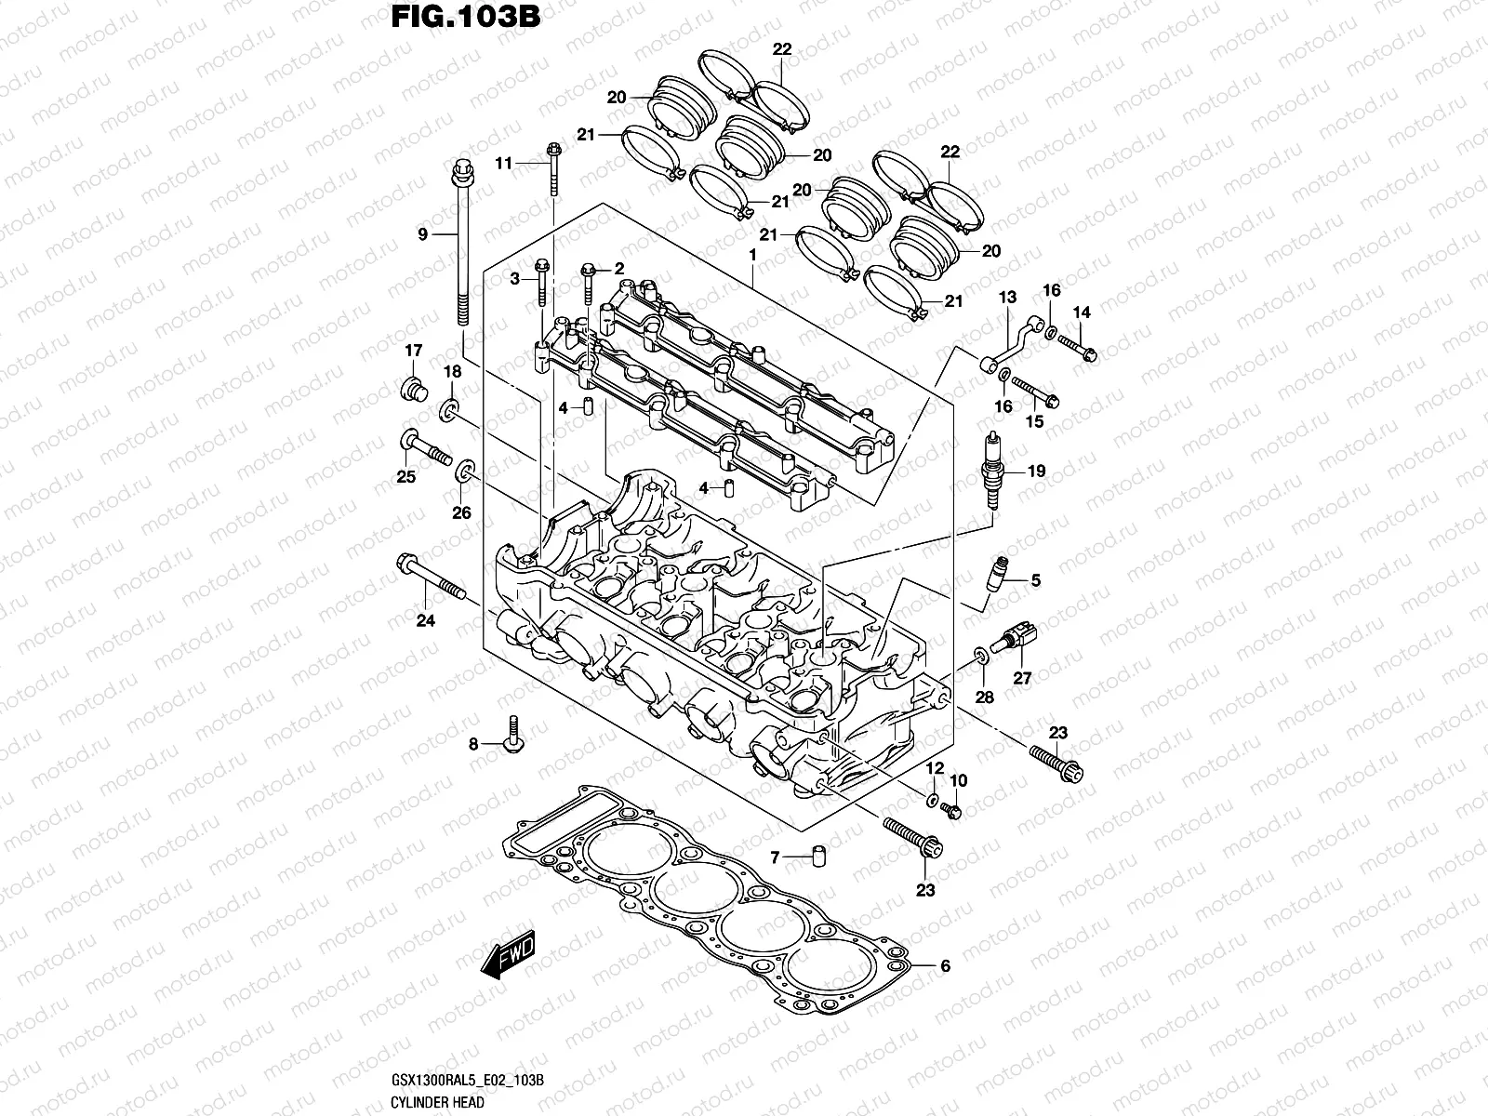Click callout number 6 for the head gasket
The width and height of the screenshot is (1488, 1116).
945,966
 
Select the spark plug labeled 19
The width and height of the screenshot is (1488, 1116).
994,471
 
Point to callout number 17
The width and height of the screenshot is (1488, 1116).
413,351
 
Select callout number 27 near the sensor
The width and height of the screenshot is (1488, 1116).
1022,678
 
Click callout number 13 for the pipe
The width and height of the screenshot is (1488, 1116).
1008,297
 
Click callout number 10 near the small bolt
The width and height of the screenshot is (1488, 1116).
959,780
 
